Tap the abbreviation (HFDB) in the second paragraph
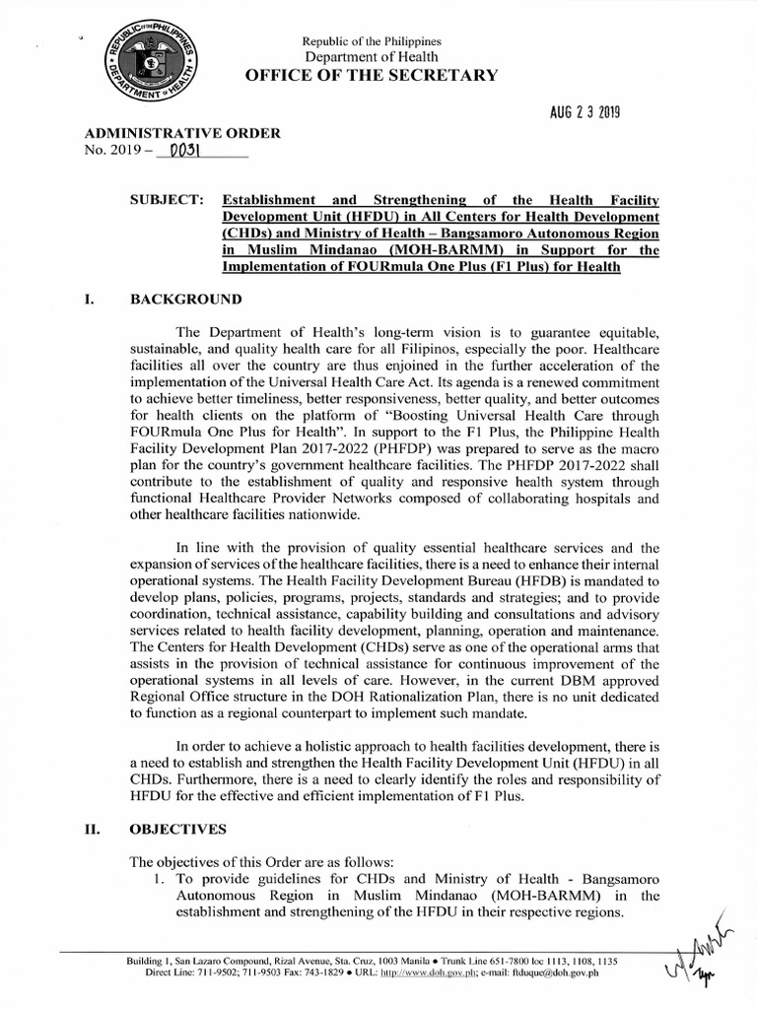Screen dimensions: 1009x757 point(564,581)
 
